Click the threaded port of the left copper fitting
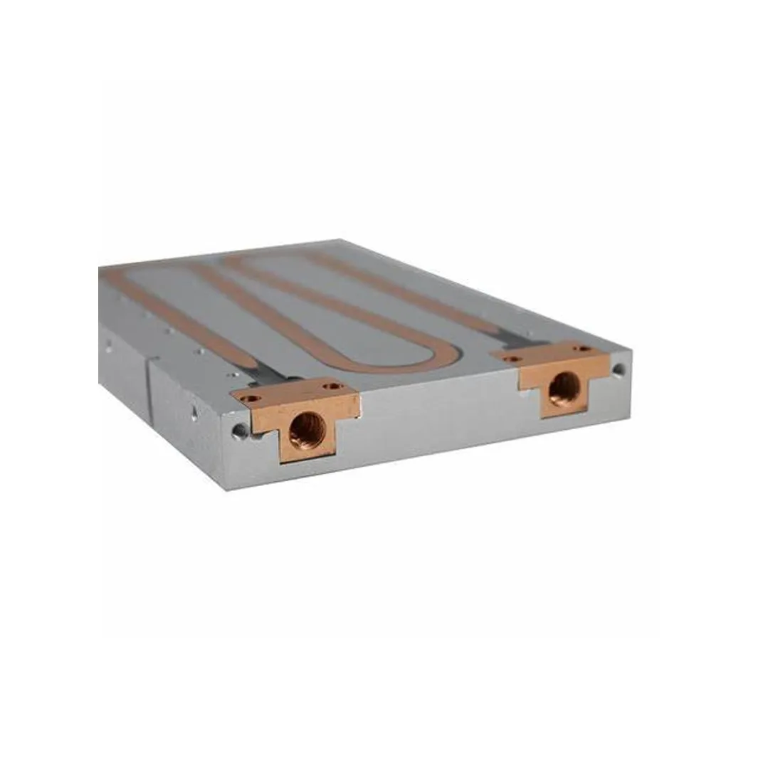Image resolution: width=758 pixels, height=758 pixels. coord(307,428)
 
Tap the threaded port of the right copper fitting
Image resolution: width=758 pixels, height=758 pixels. coord(563,388)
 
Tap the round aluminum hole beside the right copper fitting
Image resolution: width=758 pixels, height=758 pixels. coord(618,369)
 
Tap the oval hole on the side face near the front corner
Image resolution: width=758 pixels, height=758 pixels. coord(194,414)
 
